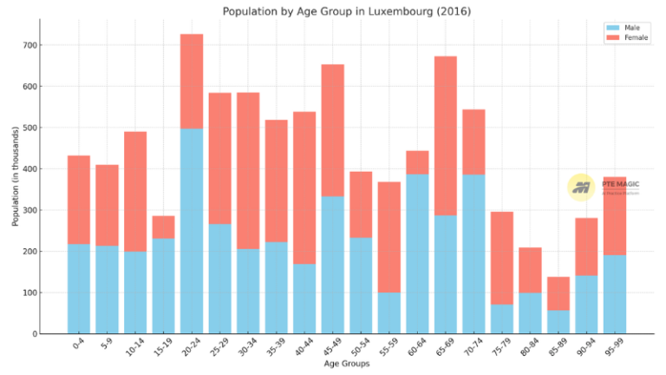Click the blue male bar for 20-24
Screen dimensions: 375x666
pos(192,231)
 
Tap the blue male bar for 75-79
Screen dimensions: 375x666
pos(502,319)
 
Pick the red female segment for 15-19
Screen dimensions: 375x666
pos(163,227)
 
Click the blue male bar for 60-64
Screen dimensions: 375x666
pos(417,253)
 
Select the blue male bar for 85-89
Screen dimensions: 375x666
pos(558,321)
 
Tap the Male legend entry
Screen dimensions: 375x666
pos(631,28)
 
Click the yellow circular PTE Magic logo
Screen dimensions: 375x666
pos(580,187)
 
